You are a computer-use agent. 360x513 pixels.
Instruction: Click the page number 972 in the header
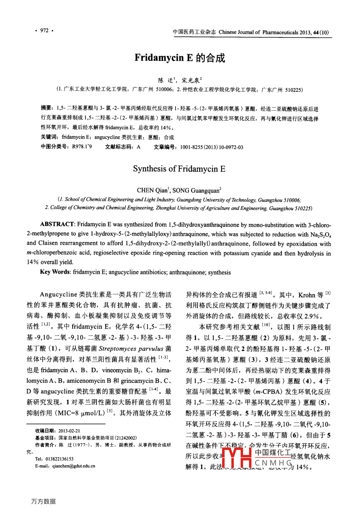tap(44, 30)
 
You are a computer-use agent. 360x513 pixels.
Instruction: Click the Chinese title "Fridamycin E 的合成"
tap(180, 58)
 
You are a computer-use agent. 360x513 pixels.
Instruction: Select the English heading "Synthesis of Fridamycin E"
tap(179, 169)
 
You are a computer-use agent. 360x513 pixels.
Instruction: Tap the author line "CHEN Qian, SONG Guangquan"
tap(179, 190)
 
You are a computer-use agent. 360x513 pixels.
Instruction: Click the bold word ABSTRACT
tap(57, 225)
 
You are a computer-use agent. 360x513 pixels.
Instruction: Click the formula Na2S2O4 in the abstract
tap(321, 235)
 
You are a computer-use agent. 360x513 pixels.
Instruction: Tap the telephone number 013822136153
tap(59, 459)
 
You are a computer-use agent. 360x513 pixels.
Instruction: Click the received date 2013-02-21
tap(69, 431)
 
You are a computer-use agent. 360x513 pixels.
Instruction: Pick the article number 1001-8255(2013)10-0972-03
tap(211, 147)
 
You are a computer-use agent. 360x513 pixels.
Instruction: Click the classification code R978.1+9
tap(82, 147)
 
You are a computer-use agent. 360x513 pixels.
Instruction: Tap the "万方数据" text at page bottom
tap(43, 501)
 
